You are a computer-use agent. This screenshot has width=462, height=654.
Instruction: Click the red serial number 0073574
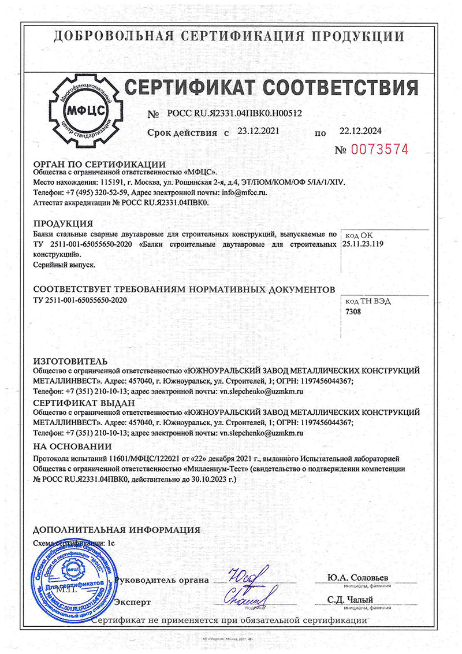coord(379,150)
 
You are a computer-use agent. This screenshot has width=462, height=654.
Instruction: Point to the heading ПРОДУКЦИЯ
coord(64,224)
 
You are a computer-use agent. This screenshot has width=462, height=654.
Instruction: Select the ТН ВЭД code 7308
coord(352,311)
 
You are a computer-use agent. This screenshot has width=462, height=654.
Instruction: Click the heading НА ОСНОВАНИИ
coord(72,446)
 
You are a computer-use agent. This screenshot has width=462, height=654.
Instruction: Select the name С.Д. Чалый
coord(349,599)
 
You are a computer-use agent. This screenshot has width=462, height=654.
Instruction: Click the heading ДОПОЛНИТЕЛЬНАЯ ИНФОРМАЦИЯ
coord(117,530)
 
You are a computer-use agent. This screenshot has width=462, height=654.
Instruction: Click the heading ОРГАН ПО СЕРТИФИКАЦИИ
coord(99,164)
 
